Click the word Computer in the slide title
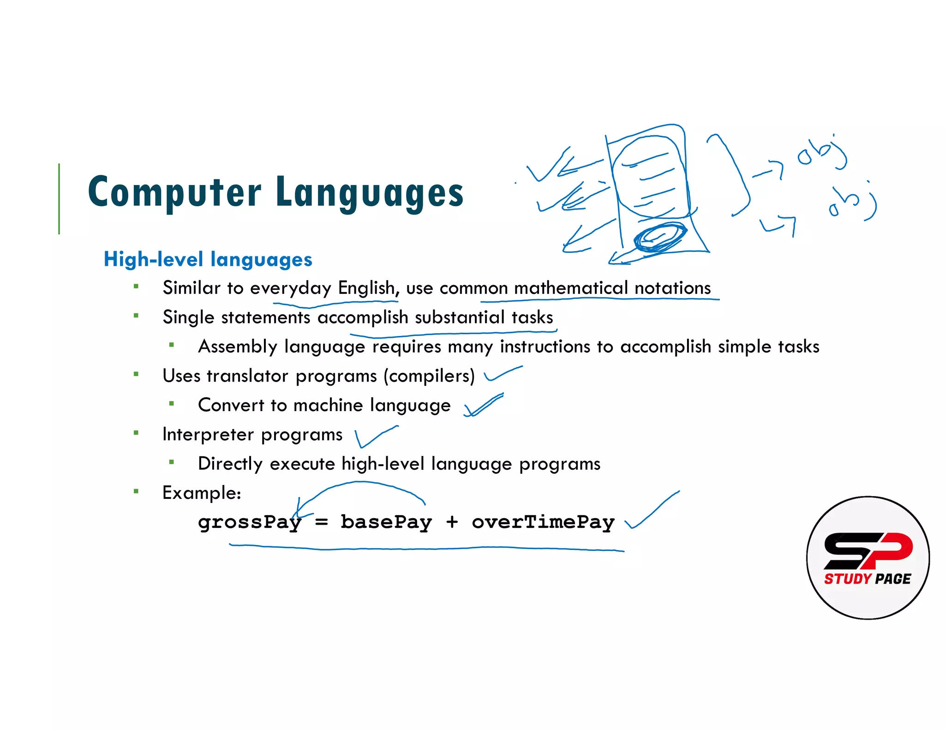pyautogui.click(x=174, y=193)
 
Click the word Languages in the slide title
pyautogui.click(x=370, y=193)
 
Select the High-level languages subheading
pyautogui.click(x=208, y=259)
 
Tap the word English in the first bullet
pyautogui.click(x=367, y=288)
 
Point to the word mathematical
pyautogui.click(x=571, y=288)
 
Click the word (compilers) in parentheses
pyautogui.click(x=429, y=376)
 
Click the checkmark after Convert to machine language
pyautogui.click(x=483, y=405)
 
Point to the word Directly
pyautogui.click(x=230, y=464)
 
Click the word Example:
pyautogui.click(x=202, y=493)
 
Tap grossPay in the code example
pyautogui.click(x=250, y=522)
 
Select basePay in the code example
pyautogui.click(x=386, y=522)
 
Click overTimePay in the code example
pyautogui.click(x=543, y=522)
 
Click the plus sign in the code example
pyautogui.click(x=452, y=522)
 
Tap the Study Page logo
pyautogui.click(x=867, y=557)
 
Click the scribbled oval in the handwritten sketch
pyautogui.click(x=660, y=237)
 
